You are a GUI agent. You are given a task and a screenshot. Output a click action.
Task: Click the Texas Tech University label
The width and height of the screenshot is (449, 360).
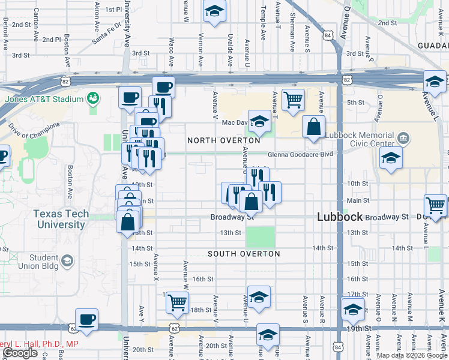click(61, 219)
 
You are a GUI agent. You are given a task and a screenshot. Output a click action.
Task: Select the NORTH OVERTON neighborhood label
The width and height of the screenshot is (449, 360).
click(224, 140)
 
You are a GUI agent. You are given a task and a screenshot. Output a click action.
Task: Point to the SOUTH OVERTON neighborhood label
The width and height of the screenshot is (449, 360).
click(244, 254)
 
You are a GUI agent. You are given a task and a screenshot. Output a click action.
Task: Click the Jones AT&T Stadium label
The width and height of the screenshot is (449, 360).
click(43, 99)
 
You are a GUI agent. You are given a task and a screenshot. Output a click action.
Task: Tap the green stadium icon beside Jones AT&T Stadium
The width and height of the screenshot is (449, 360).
click(93, 97)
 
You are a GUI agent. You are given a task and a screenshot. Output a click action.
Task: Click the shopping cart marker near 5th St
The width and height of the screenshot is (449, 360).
click(293, 100)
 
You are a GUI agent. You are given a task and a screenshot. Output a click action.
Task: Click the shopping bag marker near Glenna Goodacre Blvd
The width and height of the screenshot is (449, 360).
click(313, 126)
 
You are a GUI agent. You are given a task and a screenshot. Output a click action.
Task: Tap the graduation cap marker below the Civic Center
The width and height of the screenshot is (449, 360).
click(391, 158)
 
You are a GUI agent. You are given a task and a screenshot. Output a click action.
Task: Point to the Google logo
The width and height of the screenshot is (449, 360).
click(20, 353)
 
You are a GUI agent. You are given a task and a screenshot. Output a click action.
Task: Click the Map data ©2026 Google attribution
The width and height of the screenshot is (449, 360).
click(411, 355)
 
